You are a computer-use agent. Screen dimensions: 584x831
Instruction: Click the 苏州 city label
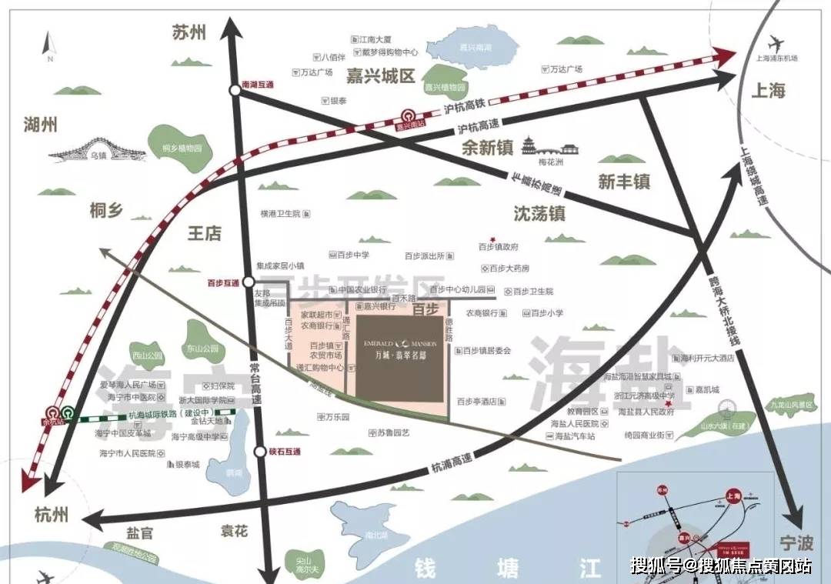point(189,32)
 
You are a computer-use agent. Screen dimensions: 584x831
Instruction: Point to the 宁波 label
point(794,542)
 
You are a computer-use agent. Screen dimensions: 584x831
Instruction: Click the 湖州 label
point(41,125)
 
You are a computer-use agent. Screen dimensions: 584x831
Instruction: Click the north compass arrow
point(49,43)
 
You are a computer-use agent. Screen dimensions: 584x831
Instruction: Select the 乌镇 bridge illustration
point(93,149)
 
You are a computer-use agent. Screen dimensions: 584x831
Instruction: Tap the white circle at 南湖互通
point(235,91)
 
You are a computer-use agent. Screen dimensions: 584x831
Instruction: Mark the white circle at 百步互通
point(249,282)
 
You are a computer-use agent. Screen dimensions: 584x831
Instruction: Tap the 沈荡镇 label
point(539,212)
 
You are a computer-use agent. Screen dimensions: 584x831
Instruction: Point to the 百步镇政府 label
point(498,247)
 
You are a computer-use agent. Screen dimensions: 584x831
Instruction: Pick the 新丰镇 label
point(624,182)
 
